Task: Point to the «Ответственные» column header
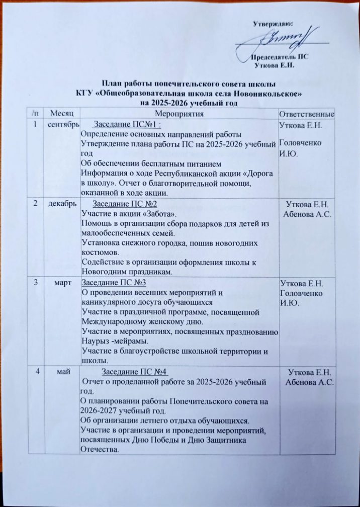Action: pos(307,115)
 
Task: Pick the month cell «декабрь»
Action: pos(63,204)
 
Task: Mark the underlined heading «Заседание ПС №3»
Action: pos(113,283)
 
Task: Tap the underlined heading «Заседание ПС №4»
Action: pos(134,372)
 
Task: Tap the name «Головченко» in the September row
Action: pos(300,143)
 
